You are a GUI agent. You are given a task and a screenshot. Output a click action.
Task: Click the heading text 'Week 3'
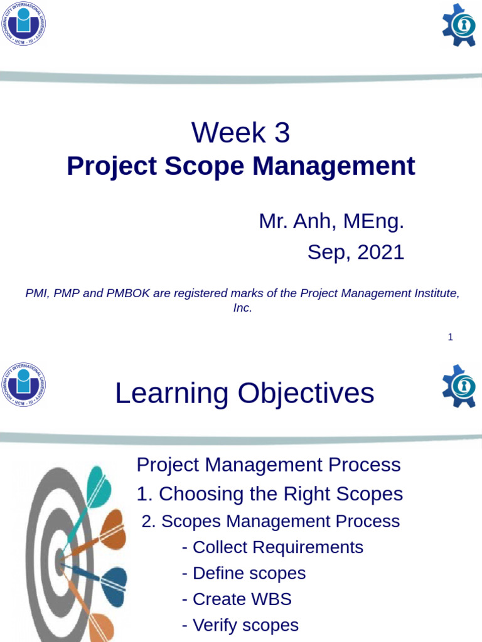tap(241, 133)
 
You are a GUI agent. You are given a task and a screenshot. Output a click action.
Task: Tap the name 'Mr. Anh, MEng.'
tap(331, 221)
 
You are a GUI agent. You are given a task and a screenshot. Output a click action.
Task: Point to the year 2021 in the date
tap(380, 252)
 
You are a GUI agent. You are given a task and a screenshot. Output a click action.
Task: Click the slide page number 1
tap(450, 337)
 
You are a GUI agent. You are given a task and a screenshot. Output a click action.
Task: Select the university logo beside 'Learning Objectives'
tap(23, 384)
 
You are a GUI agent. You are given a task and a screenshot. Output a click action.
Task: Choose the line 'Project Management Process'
tap(268, 465)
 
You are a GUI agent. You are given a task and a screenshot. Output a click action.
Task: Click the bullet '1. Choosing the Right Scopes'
tap(269, 494)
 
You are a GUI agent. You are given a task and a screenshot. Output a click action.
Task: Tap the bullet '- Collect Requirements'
tap(272, 547)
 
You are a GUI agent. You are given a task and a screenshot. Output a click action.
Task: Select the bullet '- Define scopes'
tap(244, 573)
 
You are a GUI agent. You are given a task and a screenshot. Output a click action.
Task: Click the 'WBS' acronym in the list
tap(270, 599)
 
